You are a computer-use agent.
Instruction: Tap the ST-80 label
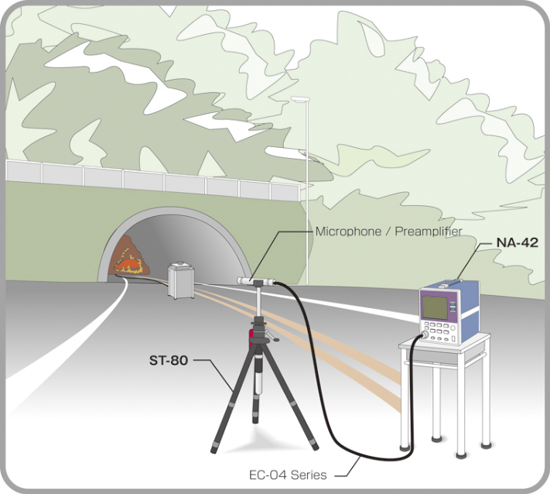(x=169, y=360)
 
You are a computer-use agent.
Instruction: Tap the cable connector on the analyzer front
(x=424, y=337)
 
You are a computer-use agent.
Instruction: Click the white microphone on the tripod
(x=253, y=282)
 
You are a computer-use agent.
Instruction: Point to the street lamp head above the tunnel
(x=299, y=100)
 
